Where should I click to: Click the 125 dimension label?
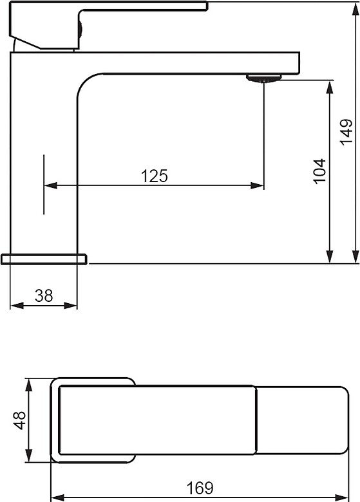click(155, 176)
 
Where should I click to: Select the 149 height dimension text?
click(346, 133)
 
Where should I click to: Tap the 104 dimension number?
click(319, 171)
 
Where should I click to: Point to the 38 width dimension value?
click(44, 295)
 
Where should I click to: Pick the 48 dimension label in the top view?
click(19, 420)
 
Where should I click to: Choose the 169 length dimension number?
click(200, 488)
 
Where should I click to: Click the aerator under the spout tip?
click(263, 78)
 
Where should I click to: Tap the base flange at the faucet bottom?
click(44, 259)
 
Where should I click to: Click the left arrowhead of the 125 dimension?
click(51, 185)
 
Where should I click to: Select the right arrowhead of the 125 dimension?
click(257, 185)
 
